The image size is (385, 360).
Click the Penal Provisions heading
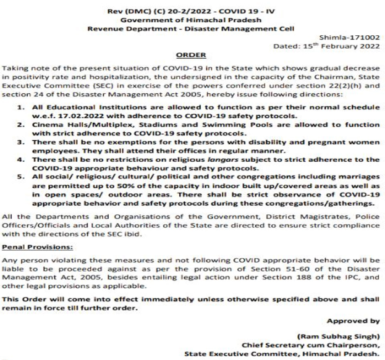click(x=36, y=246)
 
